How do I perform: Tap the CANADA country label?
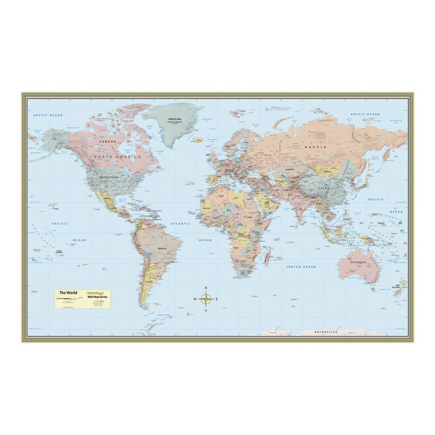[x=107, y=141]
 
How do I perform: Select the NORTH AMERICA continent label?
[x=117, y=157]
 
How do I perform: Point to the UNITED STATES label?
[x=109, y=177]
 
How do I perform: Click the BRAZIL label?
[x=162, y=248]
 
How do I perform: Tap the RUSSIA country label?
[x=319, y=146]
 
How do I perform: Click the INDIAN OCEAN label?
[x=301, y=267]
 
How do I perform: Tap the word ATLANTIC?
[x=180, y=224]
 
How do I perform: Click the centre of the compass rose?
[x=206, y=299]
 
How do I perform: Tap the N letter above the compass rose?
[x=206, y=288]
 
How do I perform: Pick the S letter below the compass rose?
[x=206, y=311]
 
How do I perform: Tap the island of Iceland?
[x=197, y=140]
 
